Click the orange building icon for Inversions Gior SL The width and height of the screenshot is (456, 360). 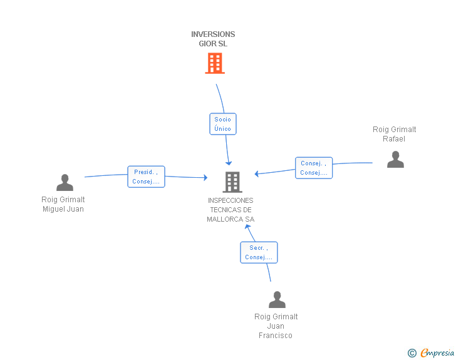point(215,63)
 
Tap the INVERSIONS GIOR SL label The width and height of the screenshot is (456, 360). point(213,39)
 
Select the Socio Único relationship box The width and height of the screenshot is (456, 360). point(222,124)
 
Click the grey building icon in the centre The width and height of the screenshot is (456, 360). point(232,182)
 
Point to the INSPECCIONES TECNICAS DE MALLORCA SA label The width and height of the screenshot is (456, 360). point(231,210)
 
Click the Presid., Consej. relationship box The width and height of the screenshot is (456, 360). point(146,177)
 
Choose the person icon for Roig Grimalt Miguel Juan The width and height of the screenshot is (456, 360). point(65,183)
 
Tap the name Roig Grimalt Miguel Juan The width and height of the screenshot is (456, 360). point(63,204)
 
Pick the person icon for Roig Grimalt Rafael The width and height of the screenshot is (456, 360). point(395,160)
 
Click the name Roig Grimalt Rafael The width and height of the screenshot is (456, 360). point(395,134)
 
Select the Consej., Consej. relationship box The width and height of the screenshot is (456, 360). point(314,168)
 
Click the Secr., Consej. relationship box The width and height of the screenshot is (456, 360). point(259,252)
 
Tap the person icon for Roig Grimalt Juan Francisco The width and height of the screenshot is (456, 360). point(277,300)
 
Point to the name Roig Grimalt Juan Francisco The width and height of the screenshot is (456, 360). point(276,326)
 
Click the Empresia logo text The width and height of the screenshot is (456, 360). point(437,353)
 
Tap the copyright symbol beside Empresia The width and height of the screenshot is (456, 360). point(412,354)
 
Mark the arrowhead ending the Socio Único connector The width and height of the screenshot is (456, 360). point(229,163)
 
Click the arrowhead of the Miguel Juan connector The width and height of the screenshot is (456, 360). point(205,178)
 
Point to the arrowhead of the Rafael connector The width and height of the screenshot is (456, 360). point(257,173)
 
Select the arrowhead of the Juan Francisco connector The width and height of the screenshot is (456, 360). point(247,227)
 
